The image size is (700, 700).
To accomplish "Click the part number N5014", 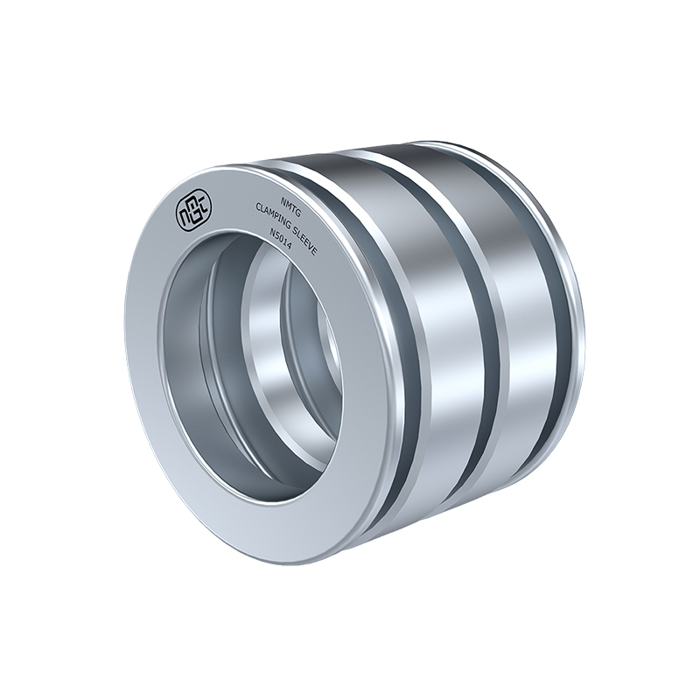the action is pos(279,241).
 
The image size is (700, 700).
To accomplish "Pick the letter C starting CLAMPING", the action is pos(257,206).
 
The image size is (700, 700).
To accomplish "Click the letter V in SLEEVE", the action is pos(311,248).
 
